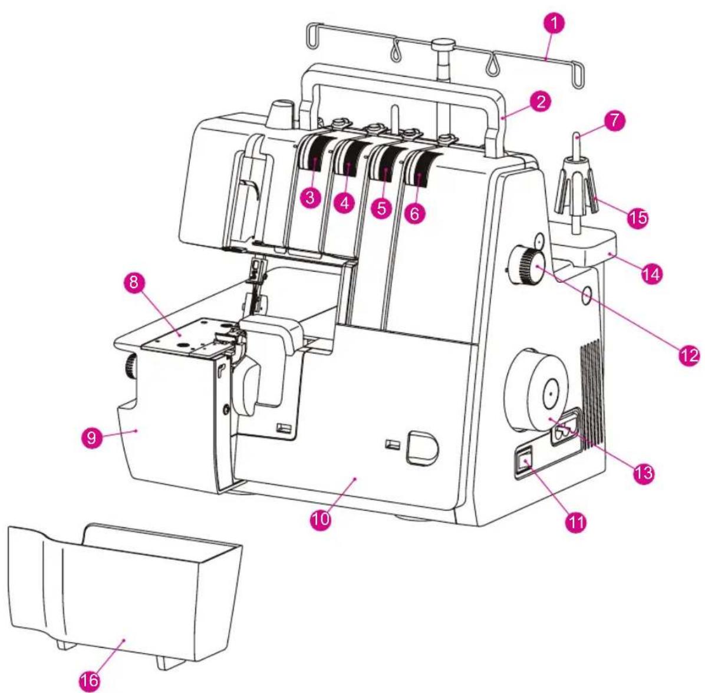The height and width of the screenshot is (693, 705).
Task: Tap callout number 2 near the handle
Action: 541,101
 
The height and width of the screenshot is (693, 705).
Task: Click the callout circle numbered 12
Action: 689,355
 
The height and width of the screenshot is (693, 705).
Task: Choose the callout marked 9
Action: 92,437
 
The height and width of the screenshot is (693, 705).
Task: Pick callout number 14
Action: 651,273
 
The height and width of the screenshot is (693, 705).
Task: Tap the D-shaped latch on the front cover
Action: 422,448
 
